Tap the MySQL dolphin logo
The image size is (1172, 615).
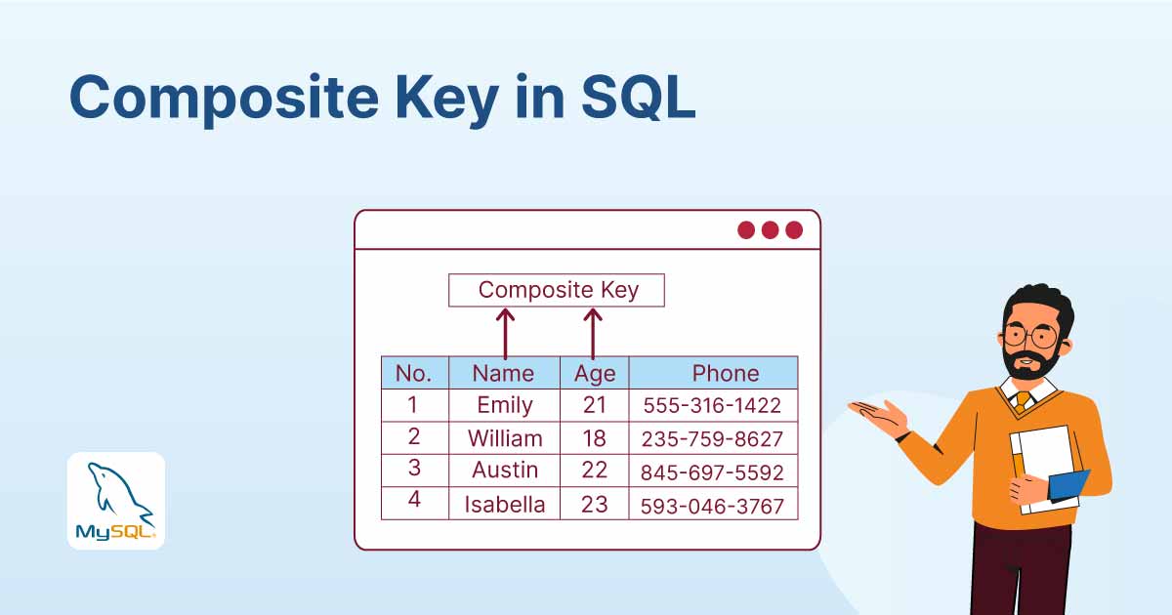(x=116, y=501)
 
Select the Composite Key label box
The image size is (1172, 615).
(x=557, y=290)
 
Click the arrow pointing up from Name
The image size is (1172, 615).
(x=505, y=334)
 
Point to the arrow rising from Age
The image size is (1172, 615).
(x=593, y=334)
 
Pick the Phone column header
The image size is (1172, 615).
(x=725, y=373)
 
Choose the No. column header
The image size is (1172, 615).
(x=414, y=373)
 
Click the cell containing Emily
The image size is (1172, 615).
(x=504, y=405)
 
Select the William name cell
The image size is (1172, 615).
(x=504, y=437)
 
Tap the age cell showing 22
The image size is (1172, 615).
(x=594, y=470)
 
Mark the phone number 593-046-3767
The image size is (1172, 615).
(x=712, y=505)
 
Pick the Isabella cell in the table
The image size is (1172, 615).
(x=504, y=504)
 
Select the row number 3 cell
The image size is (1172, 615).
(x=414, y=469)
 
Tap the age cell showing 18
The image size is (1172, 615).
(x=594, y=437)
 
